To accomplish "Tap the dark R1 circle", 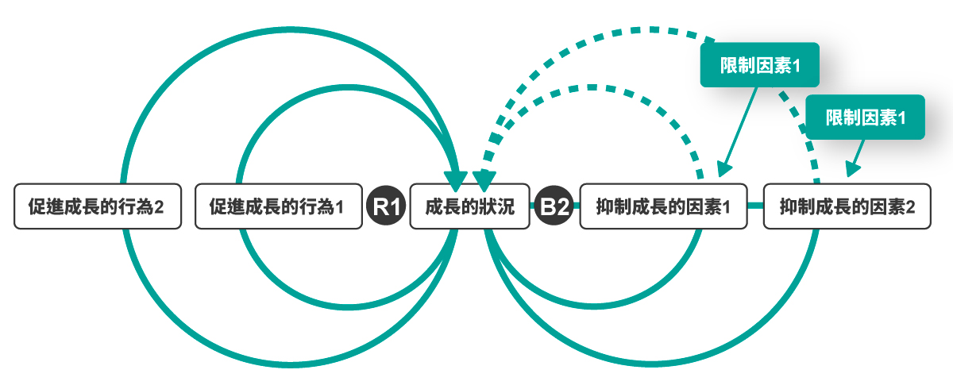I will [x=387, y=207].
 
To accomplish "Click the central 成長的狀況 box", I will [x=469, y=207].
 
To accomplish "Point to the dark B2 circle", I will [x=554, y=207].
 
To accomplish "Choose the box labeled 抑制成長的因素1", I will [x=663, y=207].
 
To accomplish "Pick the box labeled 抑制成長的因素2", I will [x=847, y=207].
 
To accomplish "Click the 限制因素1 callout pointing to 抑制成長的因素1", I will [x=758, y=65].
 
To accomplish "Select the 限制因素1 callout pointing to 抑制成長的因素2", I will [x=866, y=117].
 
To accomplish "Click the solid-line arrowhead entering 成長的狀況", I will [x=456, y=179].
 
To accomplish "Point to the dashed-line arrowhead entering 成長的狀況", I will [x=483, y=179].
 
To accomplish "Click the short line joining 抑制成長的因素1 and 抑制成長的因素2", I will [x=755, y=206].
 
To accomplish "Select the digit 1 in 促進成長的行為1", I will [x=339, y=208].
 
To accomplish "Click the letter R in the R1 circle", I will [x=382, y=207].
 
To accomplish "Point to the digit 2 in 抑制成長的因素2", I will [x=910, y=208].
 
